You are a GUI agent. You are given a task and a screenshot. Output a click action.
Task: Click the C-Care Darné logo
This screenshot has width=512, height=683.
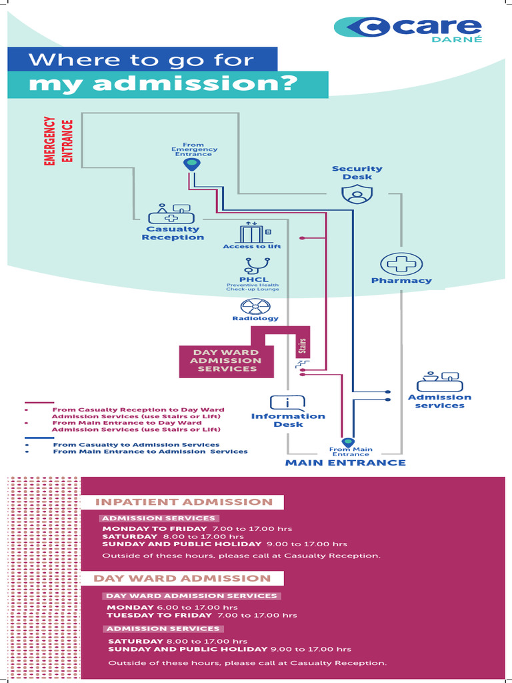407,27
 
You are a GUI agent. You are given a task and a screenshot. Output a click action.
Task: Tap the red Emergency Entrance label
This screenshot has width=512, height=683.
59,141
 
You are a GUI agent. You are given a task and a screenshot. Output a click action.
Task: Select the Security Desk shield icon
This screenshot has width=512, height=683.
357,195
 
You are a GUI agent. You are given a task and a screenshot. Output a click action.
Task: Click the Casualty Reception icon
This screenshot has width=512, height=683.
171,214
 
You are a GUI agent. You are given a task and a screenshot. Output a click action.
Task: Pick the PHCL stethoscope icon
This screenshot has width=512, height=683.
254,265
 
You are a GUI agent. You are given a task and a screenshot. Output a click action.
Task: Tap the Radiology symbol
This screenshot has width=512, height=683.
255,306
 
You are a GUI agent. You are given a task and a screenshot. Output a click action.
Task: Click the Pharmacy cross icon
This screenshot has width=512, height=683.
401,263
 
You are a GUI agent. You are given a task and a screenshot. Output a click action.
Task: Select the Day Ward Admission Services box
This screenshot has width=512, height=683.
227,361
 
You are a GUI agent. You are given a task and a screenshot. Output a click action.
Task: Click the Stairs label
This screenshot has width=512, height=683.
302,347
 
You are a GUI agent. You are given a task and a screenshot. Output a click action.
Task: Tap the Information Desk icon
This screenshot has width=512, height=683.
287,402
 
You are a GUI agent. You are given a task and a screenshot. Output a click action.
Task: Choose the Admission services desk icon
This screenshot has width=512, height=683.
439,382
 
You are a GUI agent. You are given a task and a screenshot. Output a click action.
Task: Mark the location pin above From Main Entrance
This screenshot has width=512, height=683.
347,442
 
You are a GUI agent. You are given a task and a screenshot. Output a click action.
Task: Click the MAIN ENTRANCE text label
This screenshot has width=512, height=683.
345,463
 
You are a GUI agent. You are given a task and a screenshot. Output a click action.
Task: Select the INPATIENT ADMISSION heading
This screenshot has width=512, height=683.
184,502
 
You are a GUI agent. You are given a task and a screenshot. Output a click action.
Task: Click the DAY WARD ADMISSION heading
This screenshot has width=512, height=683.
182,578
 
